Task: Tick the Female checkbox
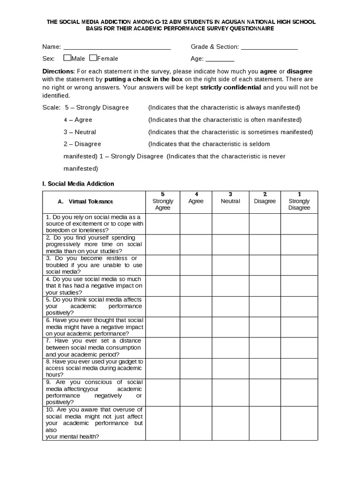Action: (x=93, y=58)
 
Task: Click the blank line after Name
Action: (x=117, y=47)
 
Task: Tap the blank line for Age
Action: (x=220, y=59)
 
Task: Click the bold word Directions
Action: (x=58, y=71)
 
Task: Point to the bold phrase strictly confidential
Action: (x=231, y=88)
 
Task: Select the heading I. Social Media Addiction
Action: (x=78, y=184)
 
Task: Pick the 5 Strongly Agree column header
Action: (x=163, y=201)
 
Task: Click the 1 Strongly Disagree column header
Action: (x=299, y=201)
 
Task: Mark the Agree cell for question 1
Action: (x=196, y=224)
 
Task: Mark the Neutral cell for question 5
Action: (x=230, y=306)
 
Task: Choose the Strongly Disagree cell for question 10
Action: (x=299, y=423)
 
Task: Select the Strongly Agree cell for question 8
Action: (x=163, y=368)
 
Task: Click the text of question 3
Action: (x=94, y=265)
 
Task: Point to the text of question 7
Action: (x=94, y=347)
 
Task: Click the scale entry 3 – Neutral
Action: (x=80, y=132)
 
